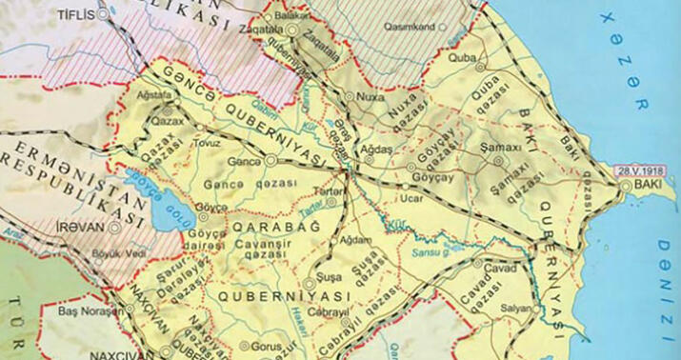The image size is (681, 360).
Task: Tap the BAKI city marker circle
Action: tap(624, 188)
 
